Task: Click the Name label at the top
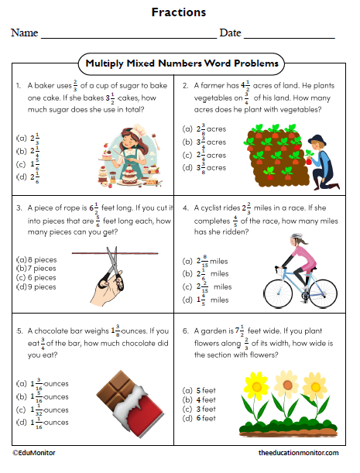click(x=24, y=33)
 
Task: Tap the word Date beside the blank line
click(x=230, y=33)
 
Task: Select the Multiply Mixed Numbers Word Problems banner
click(x=181, y=63)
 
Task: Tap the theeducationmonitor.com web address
click(x=299, y=452)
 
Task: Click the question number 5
click(x=18, y=328)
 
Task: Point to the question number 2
click(x=185, y=85)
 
